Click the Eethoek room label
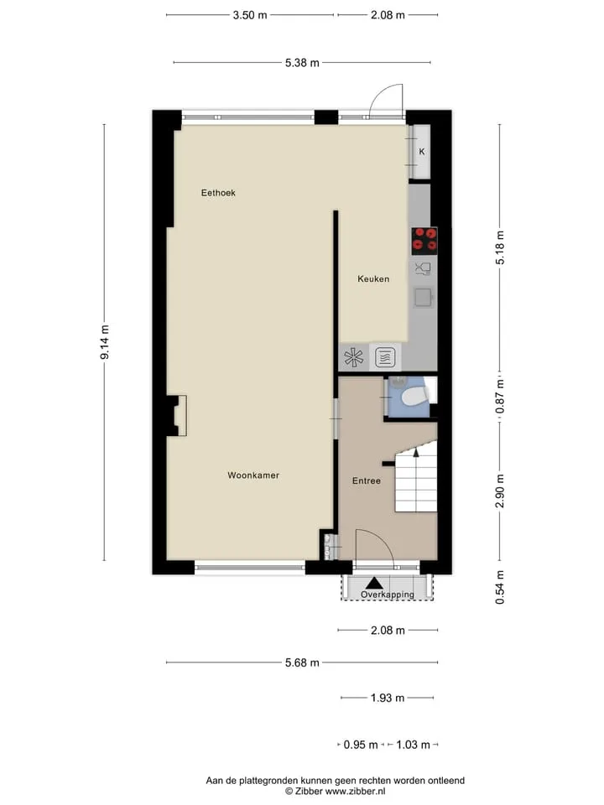218,193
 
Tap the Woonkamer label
253,475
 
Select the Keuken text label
373,278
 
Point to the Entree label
367,481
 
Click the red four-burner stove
424,241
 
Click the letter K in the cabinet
422,152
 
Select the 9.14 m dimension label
105,342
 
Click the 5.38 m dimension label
302,63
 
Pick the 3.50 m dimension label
250,15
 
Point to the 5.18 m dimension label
500,247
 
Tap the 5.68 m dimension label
302,662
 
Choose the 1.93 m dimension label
388,698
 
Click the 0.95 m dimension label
361,745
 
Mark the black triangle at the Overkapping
374,583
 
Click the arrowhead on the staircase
416,452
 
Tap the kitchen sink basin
423,297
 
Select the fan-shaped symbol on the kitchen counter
353,357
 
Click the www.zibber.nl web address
355,792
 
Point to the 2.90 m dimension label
500,491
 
